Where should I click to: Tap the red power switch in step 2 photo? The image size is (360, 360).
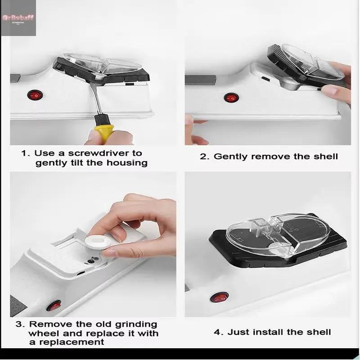pyautogui.click(x=231, y=97)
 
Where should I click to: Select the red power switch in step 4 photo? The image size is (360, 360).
pyautogui.click(x=221, y=297)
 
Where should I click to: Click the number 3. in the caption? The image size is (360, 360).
pyautogui.click(x=21, y=324)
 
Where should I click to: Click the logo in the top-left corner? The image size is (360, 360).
pyautogui.click(x=18, y=18)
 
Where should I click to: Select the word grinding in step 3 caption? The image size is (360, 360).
pyautogui.click(x=135, y=324)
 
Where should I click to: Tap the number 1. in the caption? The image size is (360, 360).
pyautogui.click(x=26, y=153)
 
